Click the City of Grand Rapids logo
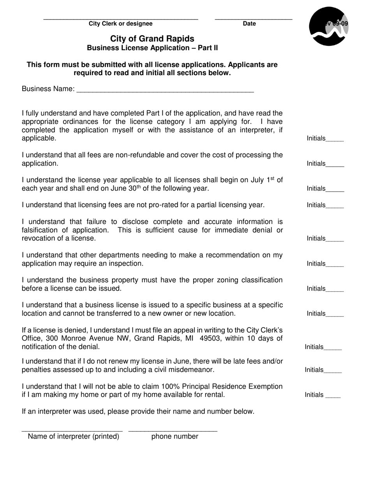coord(328,26)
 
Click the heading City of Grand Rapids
coord(152,39)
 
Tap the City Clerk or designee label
coord(121,24)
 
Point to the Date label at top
coord(249,24)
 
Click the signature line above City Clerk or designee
coord(121,19)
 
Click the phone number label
coord(174,437)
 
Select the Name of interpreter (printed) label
coord(74,437)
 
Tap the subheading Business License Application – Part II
coord(152,48)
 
